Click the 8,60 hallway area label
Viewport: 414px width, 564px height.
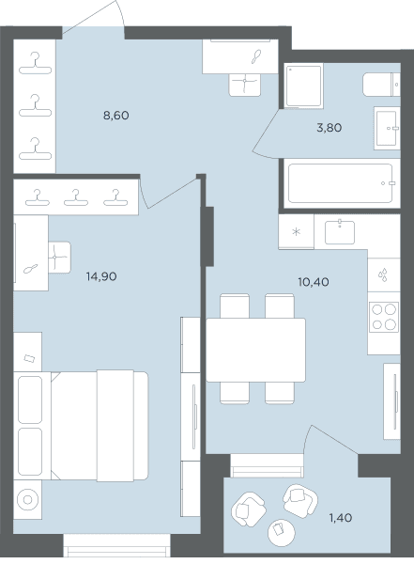pyautogui.click(x=116, y=116)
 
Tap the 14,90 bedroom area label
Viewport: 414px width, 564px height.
pyautogui.click(x=101, y=276)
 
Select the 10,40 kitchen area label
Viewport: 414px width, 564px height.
pyautogui.click(x=314, y=282)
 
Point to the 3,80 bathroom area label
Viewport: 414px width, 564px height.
pyautogui.click(x=330, y=128)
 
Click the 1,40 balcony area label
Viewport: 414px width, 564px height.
pyautogui.click(x=341, y=518)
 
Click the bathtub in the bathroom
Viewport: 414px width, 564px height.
pyautogui.click(x=341, y=183)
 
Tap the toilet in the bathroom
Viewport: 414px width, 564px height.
pyautogui.click(x=381, y=85)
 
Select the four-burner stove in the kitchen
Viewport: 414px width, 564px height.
pyautogui.click(x=384, y=317)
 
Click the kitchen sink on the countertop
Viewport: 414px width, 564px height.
pyautogui.click(x=340, y=232)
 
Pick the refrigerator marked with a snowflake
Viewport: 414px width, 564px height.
pyautogui.click(x=296, y=231)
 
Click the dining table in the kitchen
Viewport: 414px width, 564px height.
pyautogui.click(x=255, y=350)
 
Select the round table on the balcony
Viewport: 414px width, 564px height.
pyautogui.click(x=282, y=533)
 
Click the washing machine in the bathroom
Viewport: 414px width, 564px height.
pyautogui.click(x=303, y=86)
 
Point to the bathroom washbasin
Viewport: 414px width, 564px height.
pyautogui.click(x=387, y=128)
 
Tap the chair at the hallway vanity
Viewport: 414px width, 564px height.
pyautogui.click(x=245, y=85)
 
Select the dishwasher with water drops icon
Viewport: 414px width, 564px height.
pyautogui.click(x=384, y=274)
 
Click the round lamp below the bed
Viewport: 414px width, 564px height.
pyautogui.click(x=27, y=500)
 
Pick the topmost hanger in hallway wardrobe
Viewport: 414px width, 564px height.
pyautogui.click(x=36, y=64)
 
